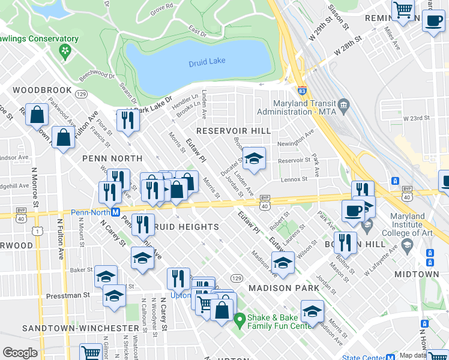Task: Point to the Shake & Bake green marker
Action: pyautogui.click(x=240, y=319)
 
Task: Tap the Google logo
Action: pyautogui.click(x=20, y=353)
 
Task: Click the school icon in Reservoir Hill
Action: pyautogui.click(x=254, y=159)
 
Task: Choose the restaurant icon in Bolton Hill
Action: pyautogui.click(x=345, y=242)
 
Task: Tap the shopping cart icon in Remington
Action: pyautogui.click(x=403, y=9)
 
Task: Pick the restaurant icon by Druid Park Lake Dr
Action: pyautogui.click(x=127, y=120)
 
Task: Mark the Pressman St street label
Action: pyautogui.click(x=70, y=295)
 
